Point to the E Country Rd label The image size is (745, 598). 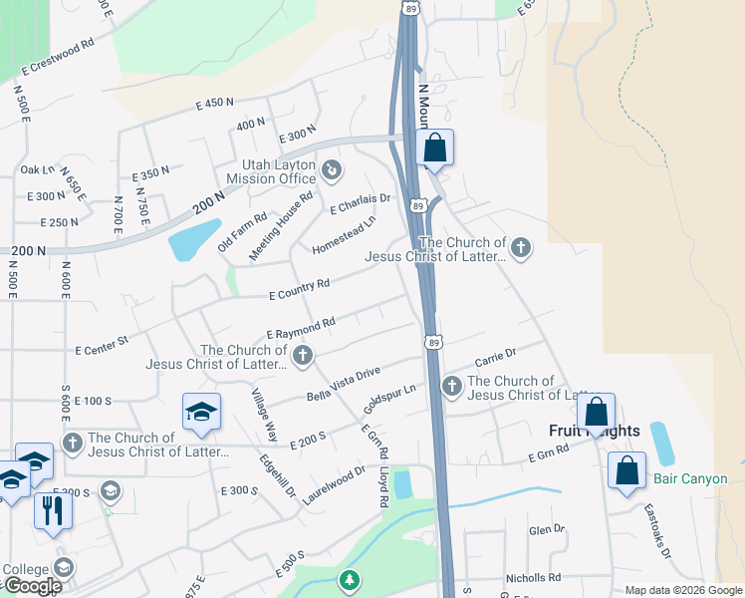[300, 290]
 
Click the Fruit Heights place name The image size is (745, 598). [595, 432]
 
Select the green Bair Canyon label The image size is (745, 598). [690, 479]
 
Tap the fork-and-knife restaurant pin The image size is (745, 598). [53, 509]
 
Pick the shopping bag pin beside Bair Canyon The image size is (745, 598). [627, 470]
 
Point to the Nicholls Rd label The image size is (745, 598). [533, 577]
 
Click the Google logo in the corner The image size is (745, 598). [32, 586]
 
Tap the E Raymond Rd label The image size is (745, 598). [300, 328]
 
